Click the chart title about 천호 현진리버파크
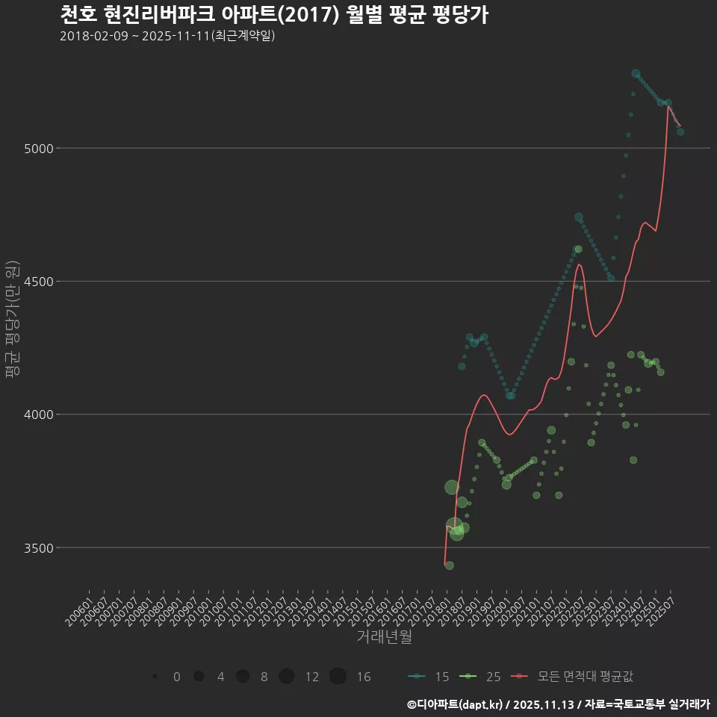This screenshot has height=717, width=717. [273, 15]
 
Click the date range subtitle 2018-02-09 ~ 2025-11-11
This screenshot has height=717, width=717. [167, 36]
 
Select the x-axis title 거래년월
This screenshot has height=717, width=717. [384, 636]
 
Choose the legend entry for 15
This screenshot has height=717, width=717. [429, 677]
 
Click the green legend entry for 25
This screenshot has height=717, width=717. [479, 677]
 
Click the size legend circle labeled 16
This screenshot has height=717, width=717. [338, 677]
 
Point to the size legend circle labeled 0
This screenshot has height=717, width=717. [155, 677]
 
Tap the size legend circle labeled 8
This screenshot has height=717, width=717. [243, 677]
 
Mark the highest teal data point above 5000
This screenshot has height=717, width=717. [636, 74]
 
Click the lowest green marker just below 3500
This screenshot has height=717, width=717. [449, 565]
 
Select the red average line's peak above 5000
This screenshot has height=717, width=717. [668, 106]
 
